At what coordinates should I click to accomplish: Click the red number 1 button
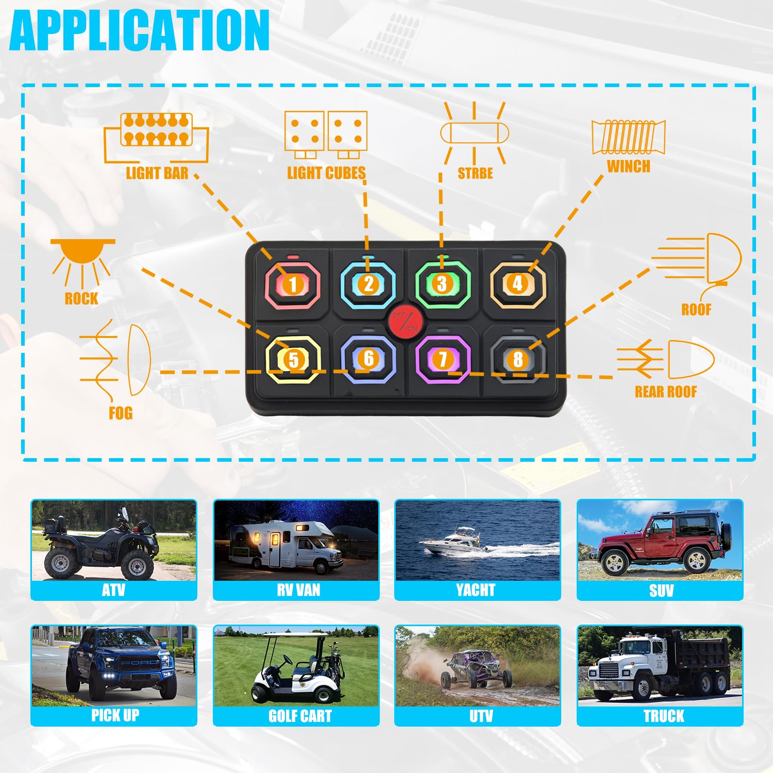(293, 284)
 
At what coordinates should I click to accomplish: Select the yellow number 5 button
(293, 359)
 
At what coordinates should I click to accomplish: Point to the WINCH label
(628, 166)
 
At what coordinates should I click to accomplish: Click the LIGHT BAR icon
(156, 137)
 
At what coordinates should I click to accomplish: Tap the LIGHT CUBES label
(326, 173)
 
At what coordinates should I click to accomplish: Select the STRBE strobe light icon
(474, 133)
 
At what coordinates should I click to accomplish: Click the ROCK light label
(81, 298)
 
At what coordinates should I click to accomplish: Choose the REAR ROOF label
(665, 392)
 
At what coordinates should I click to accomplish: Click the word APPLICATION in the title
(139, 30)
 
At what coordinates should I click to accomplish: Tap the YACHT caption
(476, 590)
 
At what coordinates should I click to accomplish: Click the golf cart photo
(296, 666)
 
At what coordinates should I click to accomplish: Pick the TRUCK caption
(664, 716)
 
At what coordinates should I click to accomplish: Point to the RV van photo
(296, 540)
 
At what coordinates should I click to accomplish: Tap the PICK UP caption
(115, 715)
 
